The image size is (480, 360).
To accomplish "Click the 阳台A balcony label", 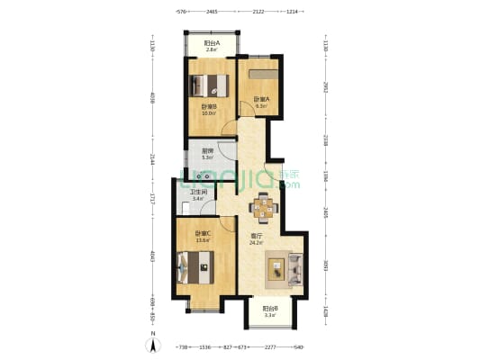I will pyautogui.click(x=211, y=43).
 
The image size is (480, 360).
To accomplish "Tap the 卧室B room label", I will pyautogui.click(x=208, y=107).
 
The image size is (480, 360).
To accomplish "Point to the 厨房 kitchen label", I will pyautogui.click(x=207, y=151).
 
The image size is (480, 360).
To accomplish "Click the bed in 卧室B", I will pyautogui.click(x=209, y=86).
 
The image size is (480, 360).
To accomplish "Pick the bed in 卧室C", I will pyautogui.click(x=197, y=265).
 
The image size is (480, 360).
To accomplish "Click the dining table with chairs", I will pyautogui.click(x=264, y=208).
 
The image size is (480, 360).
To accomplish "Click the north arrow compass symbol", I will pyautogui.click(x=154, y=343).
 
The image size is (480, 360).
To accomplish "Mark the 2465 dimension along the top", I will pyautogui.click(x=212, y=13).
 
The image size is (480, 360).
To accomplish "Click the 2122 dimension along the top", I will pyautogui.click(x=258, y=13).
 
